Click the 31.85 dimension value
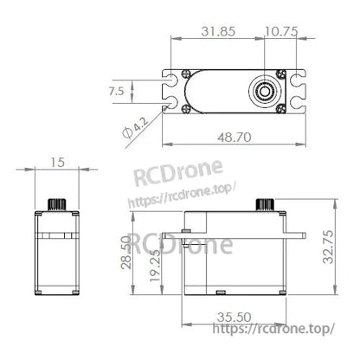[x=218, y=31]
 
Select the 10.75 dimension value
[x=281, y=31]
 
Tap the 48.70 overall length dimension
[x=235, y=138]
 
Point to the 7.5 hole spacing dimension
[x=116, y=91]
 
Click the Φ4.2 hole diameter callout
[x=135, y=128]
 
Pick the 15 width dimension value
[x=57, y=163]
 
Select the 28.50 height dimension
[x=126, y=253]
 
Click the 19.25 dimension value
[x=155, y=266]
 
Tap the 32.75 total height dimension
[x=328, y=247]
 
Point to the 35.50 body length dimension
[x=235, y=318]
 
